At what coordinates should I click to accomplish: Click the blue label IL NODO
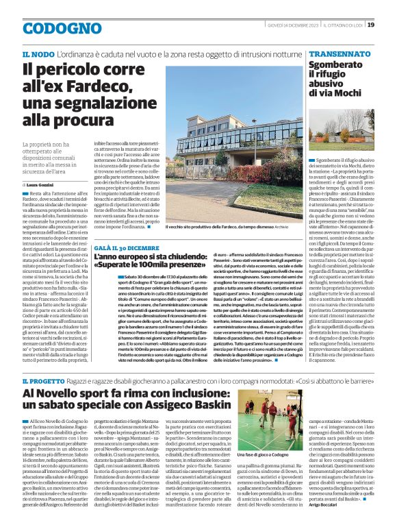pos(38,53)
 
